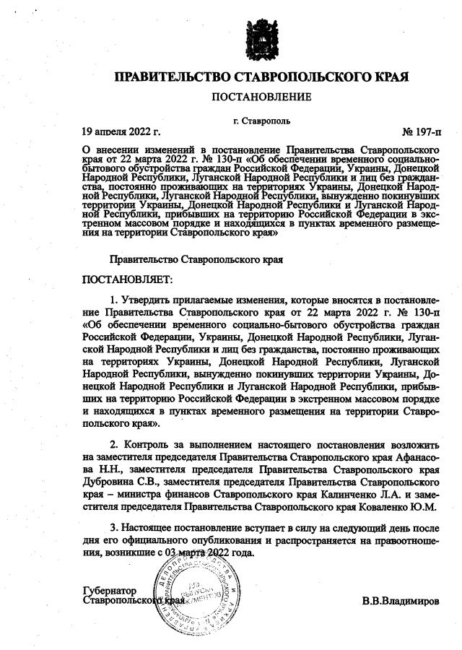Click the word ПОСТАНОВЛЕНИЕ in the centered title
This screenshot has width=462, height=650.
(x=261, y=97)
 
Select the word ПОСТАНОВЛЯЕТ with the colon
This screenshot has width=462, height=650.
(x=128, y=279)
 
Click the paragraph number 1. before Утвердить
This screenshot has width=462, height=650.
(x=113, y=299)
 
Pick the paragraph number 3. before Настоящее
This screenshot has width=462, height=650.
(x=113, y=528)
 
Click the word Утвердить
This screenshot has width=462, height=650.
(x=144, y=299)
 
